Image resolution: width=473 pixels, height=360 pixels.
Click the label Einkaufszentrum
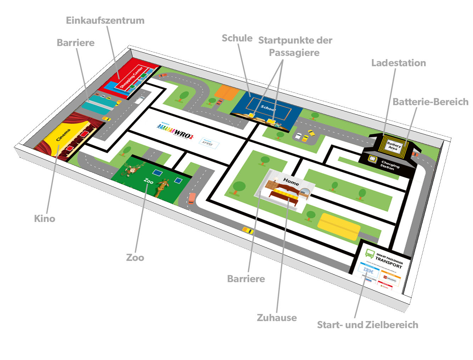(105, 21)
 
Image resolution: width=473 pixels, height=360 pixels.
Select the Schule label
(237, 38)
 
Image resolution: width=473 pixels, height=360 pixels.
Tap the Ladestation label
(398, 63)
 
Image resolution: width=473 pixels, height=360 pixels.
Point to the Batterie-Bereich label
(430, 102)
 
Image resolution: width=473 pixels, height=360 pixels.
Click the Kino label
(45, 219)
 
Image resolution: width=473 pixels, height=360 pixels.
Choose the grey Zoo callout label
(135, 258)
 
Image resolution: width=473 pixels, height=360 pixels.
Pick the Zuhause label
(277, 318)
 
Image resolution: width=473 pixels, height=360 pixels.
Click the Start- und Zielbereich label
(367, 325)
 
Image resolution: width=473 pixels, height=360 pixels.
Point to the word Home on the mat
(291, 182)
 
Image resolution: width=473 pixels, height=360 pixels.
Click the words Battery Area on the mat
(393, 146)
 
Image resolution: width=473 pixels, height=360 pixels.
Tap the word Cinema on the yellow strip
(63, 135)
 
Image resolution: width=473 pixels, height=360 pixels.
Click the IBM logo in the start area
(368, 271)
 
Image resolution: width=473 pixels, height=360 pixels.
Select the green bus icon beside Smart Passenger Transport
(370, 253)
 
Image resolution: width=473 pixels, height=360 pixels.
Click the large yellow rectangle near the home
(339, 226)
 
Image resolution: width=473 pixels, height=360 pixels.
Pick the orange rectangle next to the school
(226, 93)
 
